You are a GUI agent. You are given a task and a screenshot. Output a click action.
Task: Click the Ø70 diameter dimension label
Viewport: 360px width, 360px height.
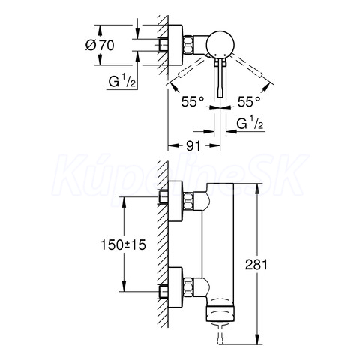(100, 46)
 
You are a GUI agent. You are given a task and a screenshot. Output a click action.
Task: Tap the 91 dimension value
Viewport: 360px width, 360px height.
(193, 145)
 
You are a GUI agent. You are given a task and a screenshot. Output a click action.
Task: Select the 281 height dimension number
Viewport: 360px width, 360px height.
(256, 264)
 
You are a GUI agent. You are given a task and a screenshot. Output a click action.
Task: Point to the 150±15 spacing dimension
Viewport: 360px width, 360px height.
(123, 244)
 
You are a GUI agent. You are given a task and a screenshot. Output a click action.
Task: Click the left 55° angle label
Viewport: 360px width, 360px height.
(193, 102)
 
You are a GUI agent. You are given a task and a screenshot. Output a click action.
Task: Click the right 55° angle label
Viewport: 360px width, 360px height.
(249, 102)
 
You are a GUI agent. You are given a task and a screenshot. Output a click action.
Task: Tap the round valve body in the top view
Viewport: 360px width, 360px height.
(220, 44)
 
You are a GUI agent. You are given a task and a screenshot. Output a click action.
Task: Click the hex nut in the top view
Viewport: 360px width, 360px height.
(189, 45)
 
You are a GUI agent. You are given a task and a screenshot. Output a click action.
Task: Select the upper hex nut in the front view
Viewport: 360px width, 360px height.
(189, 201)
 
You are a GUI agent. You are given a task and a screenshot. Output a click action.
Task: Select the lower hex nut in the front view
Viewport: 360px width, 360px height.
(189, 286)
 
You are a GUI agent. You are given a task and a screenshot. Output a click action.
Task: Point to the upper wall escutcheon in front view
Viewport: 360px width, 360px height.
(175, 201)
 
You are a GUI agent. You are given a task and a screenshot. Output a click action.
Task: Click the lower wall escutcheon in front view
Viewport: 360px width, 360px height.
(175, 287)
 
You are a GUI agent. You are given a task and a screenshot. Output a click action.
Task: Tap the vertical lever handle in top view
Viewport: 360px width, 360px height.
(220, 78)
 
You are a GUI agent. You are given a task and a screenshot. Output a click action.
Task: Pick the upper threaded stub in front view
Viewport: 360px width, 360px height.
(163, 197)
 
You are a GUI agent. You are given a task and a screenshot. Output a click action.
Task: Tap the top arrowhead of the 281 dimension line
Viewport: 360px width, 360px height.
(257, 188)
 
